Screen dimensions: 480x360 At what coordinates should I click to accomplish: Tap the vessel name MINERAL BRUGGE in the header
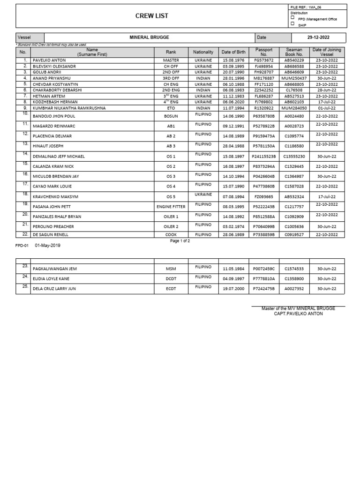coord(150,37)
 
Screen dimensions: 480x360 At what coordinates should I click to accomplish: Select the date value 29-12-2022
coord(319,37)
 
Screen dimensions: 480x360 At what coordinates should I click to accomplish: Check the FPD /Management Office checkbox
coord(292,17)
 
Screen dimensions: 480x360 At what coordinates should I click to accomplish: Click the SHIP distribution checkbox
coord(292,24)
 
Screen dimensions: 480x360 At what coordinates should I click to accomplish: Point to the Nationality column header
coord(203,52)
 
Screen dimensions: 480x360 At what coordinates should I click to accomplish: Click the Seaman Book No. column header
coord(294,52)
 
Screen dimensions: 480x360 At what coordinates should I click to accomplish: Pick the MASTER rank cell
coord(171,60)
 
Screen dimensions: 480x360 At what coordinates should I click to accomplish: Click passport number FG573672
coord(264,60)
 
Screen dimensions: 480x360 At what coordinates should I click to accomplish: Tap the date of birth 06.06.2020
coord(233,101)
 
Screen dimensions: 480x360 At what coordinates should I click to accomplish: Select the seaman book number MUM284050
coord(295,108)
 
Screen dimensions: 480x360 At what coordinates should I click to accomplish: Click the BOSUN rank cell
coord(171,116)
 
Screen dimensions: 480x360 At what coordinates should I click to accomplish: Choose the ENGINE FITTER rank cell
coord(171,207)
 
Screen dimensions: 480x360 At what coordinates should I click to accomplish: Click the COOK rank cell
coord(171,234)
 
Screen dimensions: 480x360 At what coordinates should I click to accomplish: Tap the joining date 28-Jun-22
coord(327,90)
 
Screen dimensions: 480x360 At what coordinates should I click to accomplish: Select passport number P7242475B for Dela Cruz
coord(264,289)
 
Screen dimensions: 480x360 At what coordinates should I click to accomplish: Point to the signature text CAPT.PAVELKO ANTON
coord(298,314)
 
